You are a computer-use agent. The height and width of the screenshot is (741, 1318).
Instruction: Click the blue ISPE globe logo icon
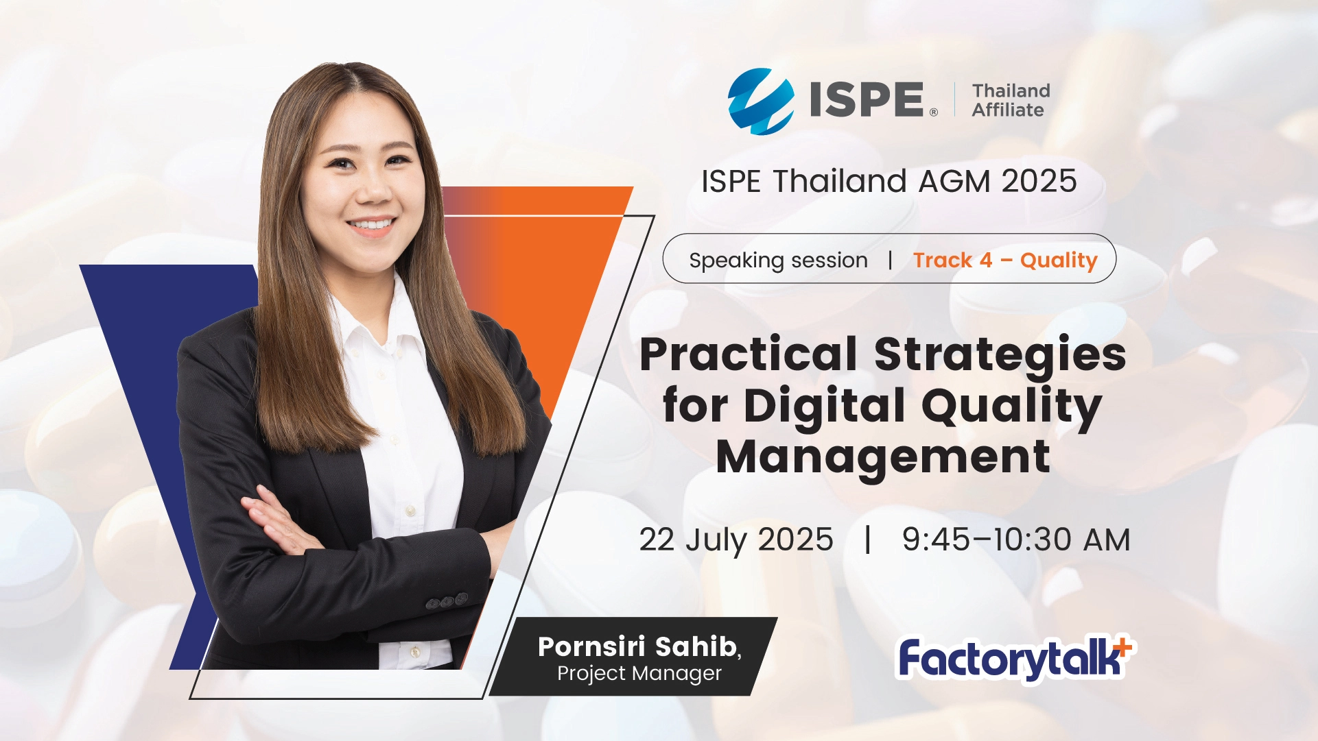[x=760, y=101]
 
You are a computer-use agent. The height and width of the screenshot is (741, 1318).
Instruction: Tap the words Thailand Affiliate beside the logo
[x=1011, y=100]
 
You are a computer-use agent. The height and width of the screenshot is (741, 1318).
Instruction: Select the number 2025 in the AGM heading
[x=1039, y=181]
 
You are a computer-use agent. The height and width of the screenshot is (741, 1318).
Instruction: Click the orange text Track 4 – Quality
[x=1005, y=260]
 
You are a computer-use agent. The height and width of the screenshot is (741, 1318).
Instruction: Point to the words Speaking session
[x=778, y=260]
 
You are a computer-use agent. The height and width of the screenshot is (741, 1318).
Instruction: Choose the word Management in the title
[x=883, y=457]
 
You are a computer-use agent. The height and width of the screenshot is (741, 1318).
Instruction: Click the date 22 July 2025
[x=736, y=540]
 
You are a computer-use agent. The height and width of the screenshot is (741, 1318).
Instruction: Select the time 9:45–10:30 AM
[x=1015, y=539]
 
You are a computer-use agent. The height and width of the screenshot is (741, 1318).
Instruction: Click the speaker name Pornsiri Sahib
[x=638, y=646]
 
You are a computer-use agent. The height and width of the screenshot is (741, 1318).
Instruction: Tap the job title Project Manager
[x=639, y=674]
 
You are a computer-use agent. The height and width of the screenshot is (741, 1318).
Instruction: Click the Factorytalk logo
[x=1016, y=658]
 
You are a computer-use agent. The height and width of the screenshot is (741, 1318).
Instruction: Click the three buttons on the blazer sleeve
[x=447, y=601]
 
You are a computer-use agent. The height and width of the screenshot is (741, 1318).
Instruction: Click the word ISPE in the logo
[x=867, y=100]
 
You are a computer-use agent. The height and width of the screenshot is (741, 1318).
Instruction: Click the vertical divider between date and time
[x=868, y=539]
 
